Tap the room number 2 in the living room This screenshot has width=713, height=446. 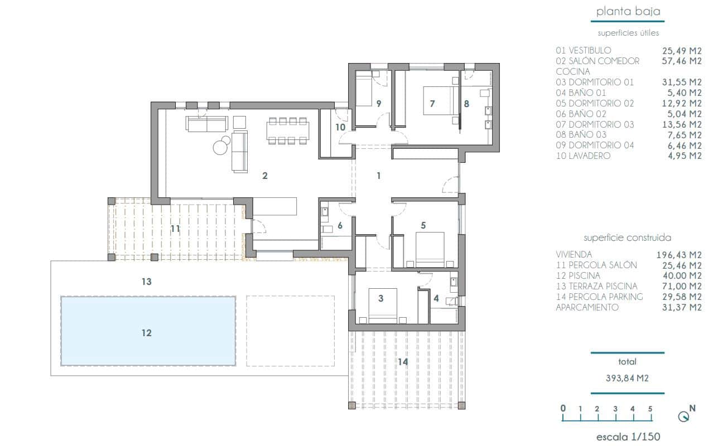point(265,176)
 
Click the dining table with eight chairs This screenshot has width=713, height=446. point(287,131)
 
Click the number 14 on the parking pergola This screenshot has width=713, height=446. point(403,362)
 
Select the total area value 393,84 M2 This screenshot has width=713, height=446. point(628,378)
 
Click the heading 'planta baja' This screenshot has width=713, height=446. point(628,12)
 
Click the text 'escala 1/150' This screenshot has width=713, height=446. point(628,437)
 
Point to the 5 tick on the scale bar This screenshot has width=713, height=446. point(651,409)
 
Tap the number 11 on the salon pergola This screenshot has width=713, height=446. point(175,229)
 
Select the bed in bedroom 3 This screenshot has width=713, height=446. point(382,306)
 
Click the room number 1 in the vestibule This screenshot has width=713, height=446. point(379,176)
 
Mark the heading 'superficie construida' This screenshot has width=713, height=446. point(628,237)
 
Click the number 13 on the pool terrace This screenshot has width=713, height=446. point(146,282)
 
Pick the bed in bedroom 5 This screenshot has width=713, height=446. point(430,248)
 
